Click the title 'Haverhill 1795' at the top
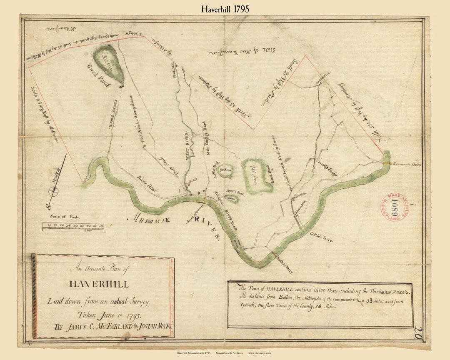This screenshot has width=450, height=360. (x=225, y=8)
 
